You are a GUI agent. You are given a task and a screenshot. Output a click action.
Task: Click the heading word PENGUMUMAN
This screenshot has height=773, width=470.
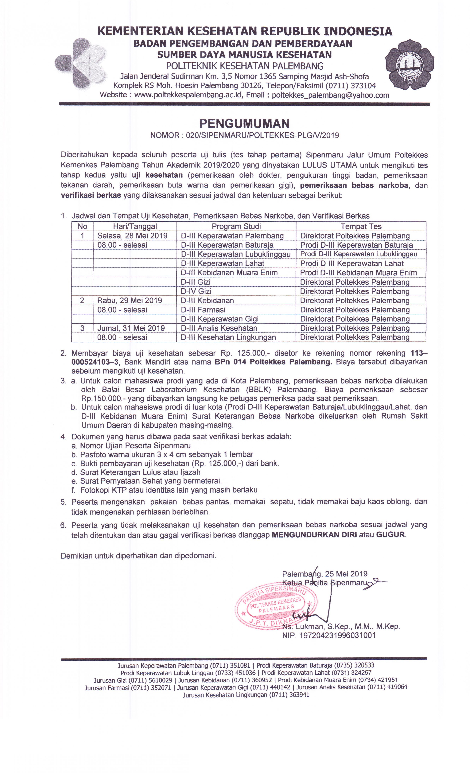point(244,124)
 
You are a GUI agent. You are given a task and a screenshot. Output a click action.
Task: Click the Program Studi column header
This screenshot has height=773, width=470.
point(236,226)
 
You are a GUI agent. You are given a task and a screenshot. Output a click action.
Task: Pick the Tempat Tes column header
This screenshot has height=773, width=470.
point(361,226)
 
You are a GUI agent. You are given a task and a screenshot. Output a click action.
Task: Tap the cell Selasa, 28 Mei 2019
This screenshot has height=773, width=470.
point(132,236)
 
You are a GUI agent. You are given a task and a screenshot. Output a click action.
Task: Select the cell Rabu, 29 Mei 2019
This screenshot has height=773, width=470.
point(130,300)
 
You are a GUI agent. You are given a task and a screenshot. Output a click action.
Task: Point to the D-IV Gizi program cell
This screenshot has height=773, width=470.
point(196,291)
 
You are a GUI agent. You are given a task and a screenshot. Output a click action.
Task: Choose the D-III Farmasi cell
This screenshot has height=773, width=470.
point(203,310)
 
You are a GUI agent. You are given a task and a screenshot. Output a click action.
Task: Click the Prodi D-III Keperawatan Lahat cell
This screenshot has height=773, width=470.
point(352,264)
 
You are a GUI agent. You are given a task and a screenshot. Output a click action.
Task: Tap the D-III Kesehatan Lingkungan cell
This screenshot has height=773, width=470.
point(228,338)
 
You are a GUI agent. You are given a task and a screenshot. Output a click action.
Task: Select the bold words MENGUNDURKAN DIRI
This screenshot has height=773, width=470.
point(314,535)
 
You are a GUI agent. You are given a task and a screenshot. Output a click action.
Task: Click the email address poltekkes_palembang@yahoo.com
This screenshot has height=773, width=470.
point(330,95)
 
